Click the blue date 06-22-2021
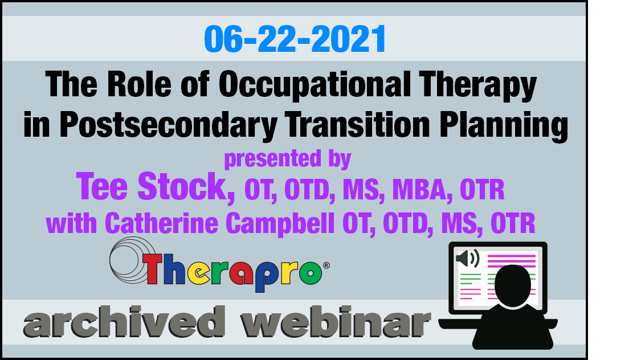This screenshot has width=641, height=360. pos(295,39)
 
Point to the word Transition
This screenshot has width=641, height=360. pos(357,124)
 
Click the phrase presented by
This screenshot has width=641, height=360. pos(288,158)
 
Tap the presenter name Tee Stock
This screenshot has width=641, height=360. pos(156,187)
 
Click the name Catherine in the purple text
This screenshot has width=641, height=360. pos(161,223)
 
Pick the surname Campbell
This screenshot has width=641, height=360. pos(280,224)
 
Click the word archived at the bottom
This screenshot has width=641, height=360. pos(124,322)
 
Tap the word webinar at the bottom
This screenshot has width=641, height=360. pos(335,322)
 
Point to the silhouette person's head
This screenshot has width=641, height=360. pos(513,285)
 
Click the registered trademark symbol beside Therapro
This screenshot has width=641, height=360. pos(326,265)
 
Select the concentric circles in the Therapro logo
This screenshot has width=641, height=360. pos(130,260)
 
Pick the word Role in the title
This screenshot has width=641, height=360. pos(139,84)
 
